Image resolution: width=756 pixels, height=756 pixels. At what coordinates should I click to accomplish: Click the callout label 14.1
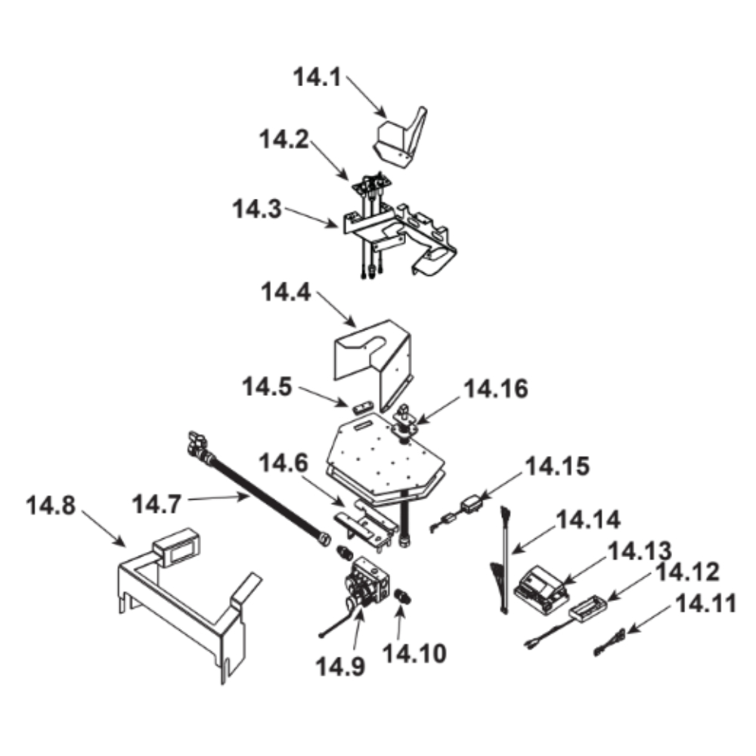(318, 77)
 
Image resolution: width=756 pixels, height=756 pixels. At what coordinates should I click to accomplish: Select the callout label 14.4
(286, 292)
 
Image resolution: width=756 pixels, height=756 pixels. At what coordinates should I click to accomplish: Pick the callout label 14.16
(496, 389)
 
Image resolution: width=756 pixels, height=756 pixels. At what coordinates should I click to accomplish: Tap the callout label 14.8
(51, 506)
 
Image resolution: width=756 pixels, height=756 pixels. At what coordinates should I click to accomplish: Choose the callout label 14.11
(706, 603)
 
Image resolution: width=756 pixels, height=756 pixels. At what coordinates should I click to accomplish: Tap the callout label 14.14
(588, 520)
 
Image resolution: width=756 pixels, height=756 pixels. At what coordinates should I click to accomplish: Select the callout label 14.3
(257, 209)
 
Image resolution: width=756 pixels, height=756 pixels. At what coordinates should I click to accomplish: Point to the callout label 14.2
(284, 139)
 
